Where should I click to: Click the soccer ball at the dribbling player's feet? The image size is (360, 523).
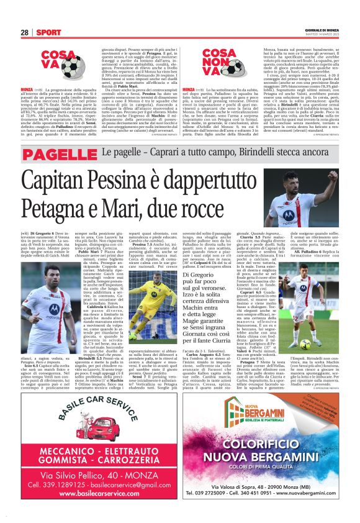click(313, 343)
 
